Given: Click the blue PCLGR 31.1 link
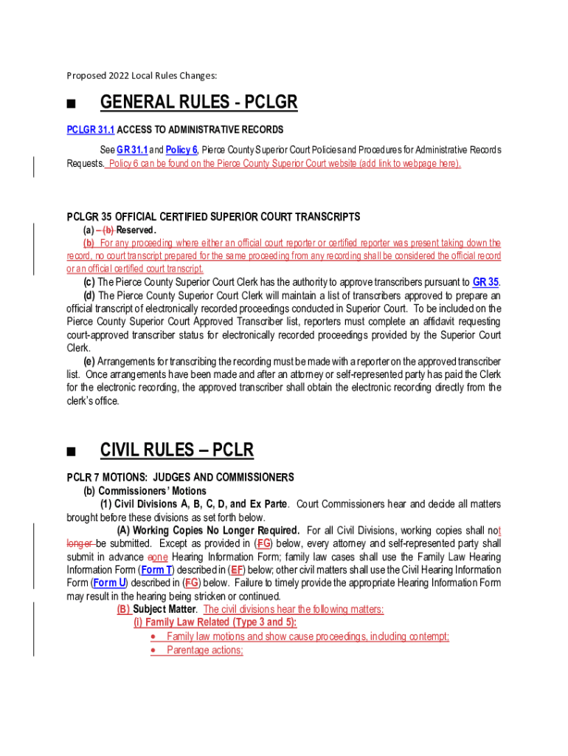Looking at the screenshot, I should pyautogui.click(x=91, y=130).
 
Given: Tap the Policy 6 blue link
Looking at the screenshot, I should pyautogui.click(x=182, y=149).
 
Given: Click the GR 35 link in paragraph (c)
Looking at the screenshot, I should pyautogui.click(x=485, y=282).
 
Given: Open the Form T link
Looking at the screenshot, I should pyautogui.click(x=156, y=570).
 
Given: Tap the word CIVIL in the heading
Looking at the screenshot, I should pyautogui.click(x=121, y=450).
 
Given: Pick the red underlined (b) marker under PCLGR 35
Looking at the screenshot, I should pyautogui.click(x=89, y=243).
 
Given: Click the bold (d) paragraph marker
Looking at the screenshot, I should pyautogui.click(x=89, y=295).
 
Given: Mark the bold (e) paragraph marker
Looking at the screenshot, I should pyautogui.click(x=89, y=362).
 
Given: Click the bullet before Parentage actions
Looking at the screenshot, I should pyautogui.click(x=152, y=650).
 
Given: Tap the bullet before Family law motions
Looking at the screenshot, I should pyautogui.click(x=152, y=636).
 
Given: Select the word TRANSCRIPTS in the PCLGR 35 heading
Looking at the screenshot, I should pyautogui.click(x=325, y=217).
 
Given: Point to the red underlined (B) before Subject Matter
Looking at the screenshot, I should pyautogui.click(x=123, y=610).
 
